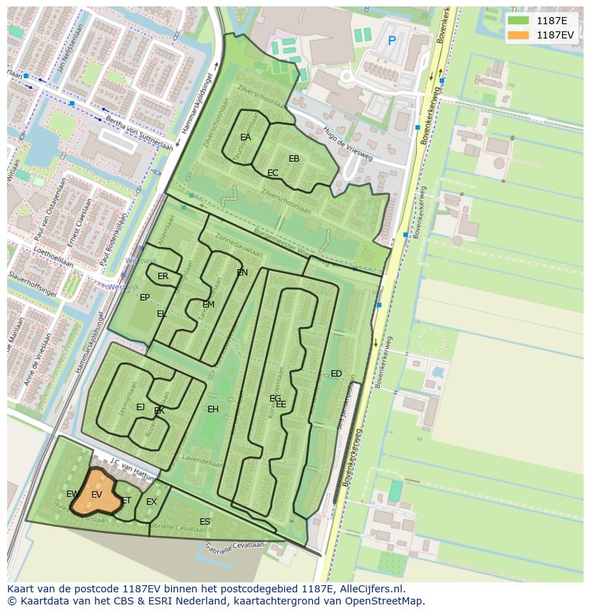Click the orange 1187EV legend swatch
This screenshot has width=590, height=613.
(519, 35)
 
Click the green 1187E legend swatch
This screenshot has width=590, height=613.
(519, 21)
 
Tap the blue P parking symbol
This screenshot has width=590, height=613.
(391, 41)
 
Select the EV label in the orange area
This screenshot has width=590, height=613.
(97, 495)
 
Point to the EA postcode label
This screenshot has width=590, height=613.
(246, 137)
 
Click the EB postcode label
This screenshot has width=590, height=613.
(294, 159)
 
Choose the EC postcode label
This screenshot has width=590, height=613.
(273, 173)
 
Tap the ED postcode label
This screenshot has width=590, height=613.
(336, 374)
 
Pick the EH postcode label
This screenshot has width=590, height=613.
(213, 409)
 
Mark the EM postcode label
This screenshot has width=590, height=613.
(209, 305)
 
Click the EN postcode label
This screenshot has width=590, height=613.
(242, 273)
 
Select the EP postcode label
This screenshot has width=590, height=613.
(145, 298)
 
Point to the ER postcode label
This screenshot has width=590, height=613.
(163, 276)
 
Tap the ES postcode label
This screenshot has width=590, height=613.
(205, 522)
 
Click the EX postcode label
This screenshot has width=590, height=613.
(152, 502)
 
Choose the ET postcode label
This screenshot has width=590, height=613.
(126, 501)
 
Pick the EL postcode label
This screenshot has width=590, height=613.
(162, 314)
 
